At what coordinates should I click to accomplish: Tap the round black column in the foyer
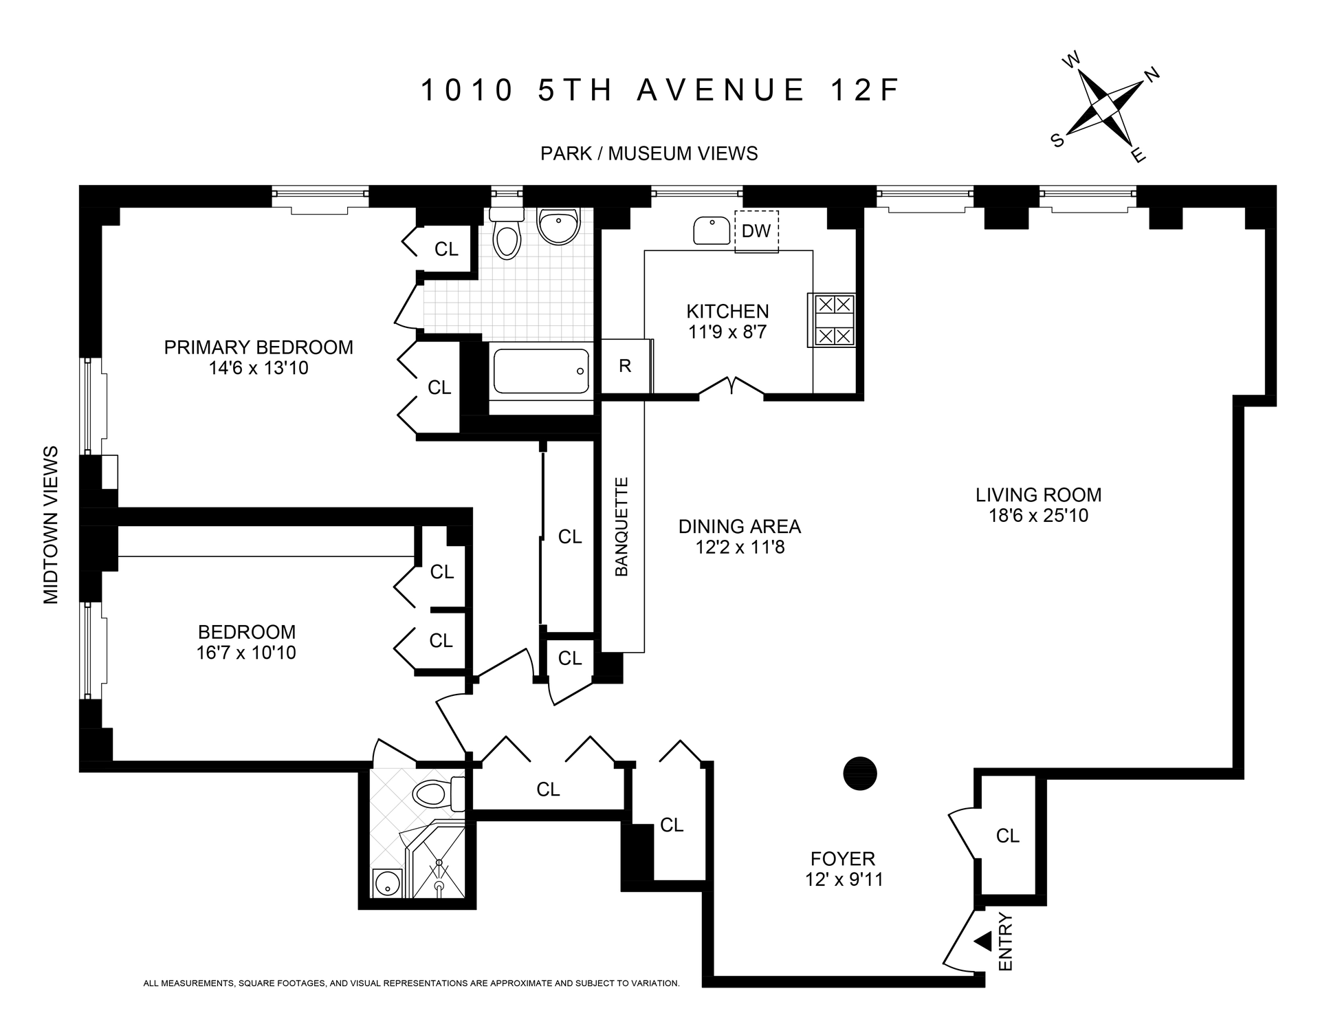pos(860,773)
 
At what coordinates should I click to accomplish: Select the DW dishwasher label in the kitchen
pos(756,231)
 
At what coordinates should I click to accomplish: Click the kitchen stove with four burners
pos(834,320)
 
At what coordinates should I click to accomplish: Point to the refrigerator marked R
pos(625,366)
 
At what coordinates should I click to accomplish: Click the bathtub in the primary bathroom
pos(541,371)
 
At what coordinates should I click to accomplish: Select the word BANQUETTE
pos(621,527)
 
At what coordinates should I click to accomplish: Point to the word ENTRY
pos(1005,941)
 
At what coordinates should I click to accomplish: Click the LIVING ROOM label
pos(1038,495)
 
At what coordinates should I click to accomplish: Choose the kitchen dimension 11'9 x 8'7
pos(727,332)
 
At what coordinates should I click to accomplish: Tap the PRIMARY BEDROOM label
pos(258,347)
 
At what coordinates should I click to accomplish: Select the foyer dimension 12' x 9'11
pos(844,879)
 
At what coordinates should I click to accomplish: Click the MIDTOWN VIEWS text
pos(52,525)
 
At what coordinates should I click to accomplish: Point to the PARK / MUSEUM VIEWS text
pos(649,153)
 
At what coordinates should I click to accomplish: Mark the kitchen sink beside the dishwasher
pos(712,230)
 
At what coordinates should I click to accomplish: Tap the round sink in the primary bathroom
pos(558,227)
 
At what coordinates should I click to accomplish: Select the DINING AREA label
pos(740,527)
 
